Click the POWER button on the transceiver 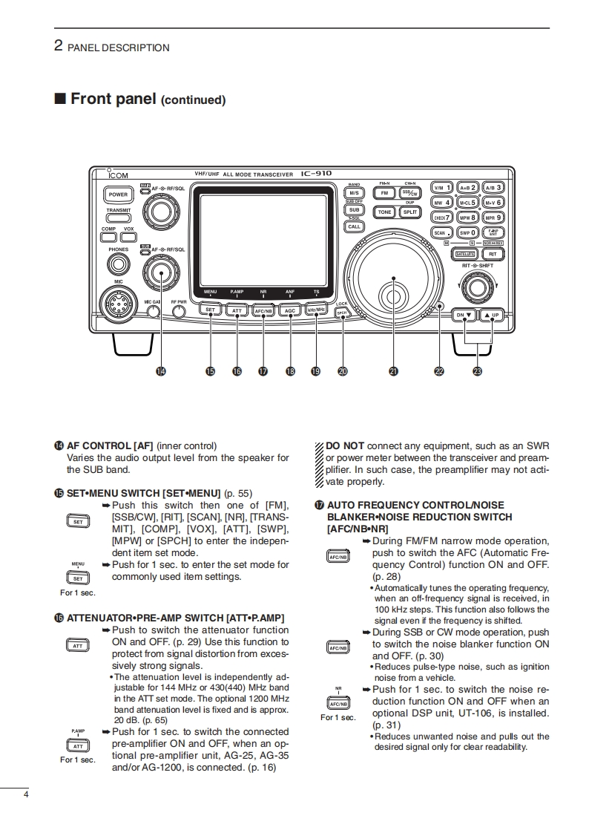118,195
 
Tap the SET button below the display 211,310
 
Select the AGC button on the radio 290,310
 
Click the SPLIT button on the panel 409,212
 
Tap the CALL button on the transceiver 355,226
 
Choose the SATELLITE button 464,254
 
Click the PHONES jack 117,264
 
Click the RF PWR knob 178,311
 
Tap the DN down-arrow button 464,315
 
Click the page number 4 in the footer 26,796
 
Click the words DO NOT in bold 345,446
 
